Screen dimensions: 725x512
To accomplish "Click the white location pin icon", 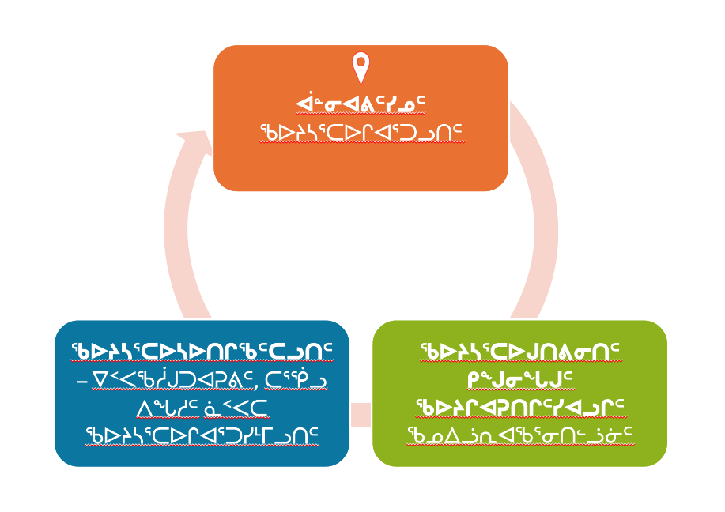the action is click(361, 67).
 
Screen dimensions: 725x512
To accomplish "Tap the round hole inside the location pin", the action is click(361, 62).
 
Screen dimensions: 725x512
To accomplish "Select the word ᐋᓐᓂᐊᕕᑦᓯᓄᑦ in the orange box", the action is click(361, 104).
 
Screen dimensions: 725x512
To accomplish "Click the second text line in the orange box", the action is click(361, 132).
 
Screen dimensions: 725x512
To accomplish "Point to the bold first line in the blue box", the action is click(202, 352).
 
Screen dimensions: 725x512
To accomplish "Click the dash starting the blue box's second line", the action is click(81, 382).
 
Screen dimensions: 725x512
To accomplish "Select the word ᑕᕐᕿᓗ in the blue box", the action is click(296, 380).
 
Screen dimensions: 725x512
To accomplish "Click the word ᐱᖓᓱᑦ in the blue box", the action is click(168, 408).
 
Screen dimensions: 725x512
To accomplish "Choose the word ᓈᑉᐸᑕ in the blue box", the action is click(236, 408).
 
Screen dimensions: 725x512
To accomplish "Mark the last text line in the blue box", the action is click(202, 436).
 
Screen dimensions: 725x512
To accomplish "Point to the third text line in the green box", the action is click(519, 408).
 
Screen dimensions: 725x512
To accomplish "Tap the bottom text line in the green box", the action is click(519, 435).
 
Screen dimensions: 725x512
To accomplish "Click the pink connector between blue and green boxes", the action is click(361, 415).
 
